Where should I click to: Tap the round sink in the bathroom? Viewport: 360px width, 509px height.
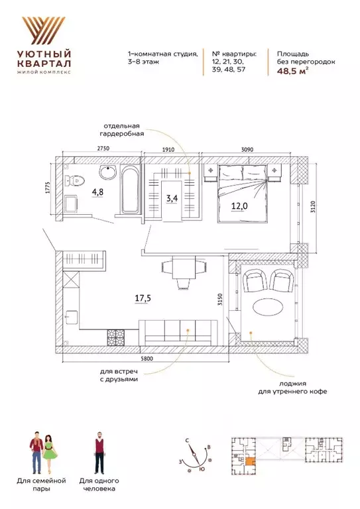[x=107, y=174]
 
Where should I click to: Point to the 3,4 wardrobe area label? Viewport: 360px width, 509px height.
[x=172, y=198]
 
